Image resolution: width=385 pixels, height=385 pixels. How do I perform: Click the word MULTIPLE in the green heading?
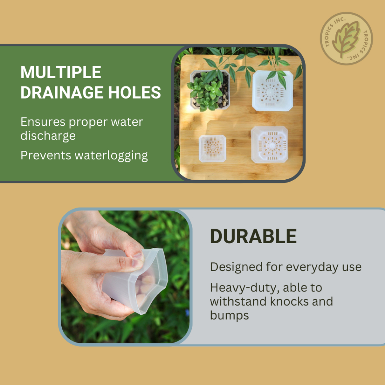tap(61, 72)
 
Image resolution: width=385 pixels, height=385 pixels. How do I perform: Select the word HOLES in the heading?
tap(135, 92)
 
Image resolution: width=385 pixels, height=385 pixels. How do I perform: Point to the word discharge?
tap(48, 135)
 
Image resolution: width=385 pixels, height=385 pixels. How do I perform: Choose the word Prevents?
tap(46, 155)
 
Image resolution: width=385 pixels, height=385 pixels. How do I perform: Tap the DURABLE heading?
tap(253, 236)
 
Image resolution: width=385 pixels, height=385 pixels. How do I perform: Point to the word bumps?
tap(229, 315)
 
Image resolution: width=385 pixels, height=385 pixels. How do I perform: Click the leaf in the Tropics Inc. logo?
tap(346, 38)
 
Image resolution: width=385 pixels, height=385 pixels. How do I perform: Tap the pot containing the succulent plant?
tap(210, 90)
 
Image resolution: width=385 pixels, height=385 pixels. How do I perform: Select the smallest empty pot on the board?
tap(212, 148)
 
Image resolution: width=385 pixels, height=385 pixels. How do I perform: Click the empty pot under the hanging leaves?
tap(273, 91)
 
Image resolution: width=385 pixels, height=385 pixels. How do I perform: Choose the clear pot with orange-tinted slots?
tap(269, 144)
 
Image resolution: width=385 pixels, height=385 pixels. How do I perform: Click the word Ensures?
tap(43, 122)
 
